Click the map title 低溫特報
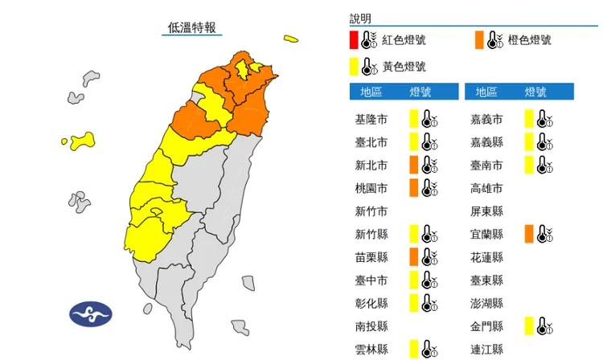191,27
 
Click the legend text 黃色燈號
404,67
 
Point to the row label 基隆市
371,120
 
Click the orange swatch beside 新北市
413,166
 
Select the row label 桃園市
371,189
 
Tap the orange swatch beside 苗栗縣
413,257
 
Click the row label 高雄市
486,189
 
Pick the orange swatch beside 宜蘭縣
528,234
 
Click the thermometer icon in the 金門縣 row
544,325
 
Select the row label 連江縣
486,350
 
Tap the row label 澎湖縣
486,304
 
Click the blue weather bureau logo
91,313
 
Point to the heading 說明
361,18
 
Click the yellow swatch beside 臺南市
528,166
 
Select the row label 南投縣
371,326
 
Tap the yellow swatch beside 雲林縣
413,349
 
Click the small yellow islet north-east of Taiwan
290,38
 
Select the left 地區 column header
371,92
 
